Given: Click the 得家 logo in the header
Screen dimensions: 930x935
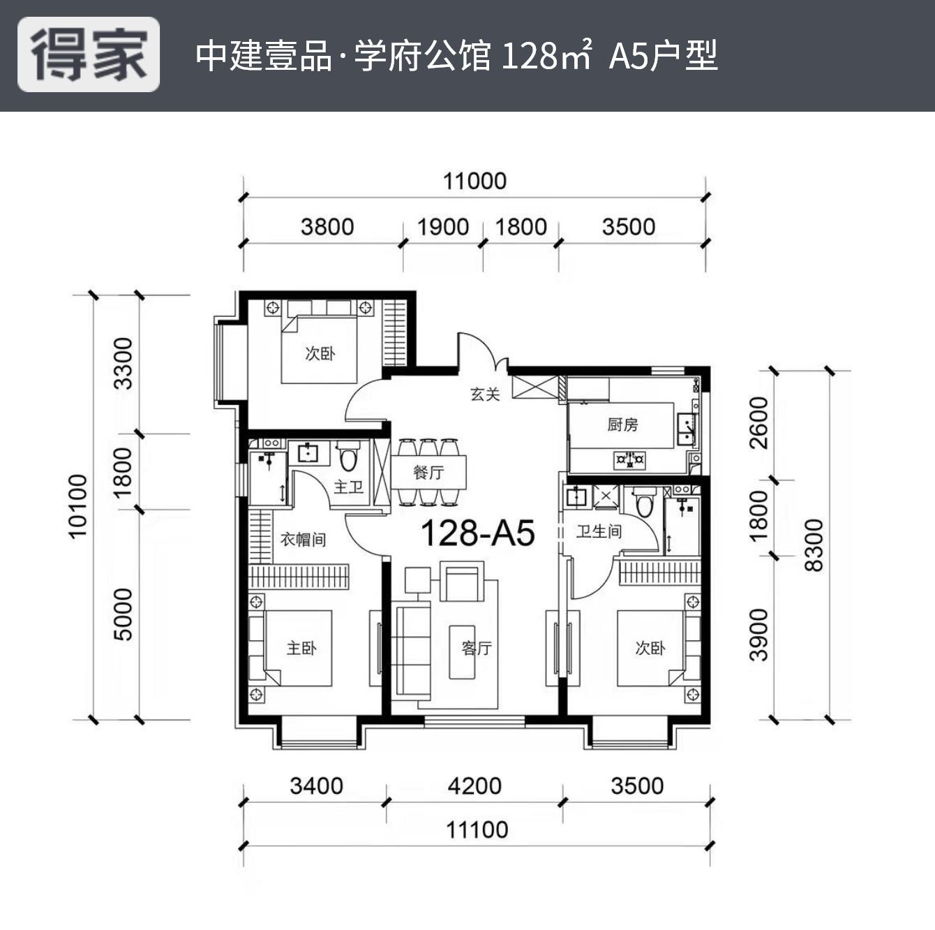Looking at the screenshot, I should click(89, 54).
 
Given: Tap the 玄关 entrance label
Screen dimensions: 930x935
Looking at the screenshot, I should click(485, 394).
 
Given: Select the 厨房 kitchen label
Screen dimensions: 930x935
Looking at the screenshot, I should click(622, 425).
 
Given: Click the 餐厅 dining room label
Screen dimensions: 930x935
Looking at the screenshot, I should click(428, 473).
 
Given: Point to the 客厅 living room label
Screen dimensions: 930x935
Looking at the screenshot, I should click(477, 649).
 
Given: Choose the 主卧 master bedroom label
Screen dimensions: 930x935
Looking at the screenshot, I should click(301, 649).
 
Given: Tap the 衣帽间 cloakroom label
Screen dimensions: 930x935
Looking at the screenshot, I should click(303, 540).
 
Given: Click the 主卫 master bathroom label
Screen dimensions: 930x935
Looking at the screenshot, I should click(348, 487).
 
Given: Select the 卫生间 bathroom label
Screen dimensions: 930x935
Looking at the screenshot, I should click(599, 532).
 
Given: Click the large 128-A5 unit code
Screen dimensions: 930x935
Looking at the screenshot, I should click(477, 534).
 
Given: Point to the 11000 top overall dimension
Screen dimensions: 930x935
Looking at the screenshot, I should click(474, 182).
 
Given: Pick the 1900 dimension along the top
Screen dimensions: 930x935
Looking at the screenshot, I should click(442, 227).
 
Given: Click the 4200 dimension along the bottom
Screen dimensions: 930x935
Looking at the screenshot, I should click(474, 786).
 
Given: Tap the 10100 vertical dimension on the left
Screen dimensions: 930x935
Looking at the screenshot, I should click(78, 506).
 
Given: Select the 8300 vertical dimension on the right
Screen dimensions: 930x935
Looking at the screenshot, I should click(814, 545).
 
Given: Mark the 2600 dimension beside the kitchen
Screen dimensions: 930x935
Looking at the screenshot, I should click(758, 423).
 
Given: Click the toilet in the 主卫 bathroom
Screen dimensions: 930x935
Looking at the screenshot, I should click(348, 458).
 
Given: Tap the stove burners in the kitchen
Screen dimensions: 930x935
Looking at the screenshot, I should click(629, 460).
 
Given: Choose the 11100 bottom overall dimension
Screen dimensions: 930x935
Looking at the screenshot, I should click(477, 830).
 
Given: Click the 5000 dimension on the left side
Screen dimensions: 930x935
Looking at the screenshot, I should click(123, 614).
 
